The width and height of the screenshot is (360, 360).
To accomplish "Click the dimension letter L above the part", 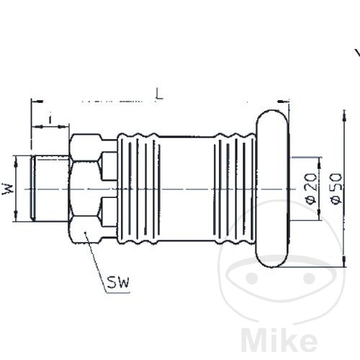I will click(159, 93).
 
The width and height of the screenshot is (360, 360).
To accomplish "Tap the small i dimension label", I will click(50, 117).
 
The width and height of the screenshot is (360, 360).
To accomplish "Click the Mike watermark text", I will click(280, 338).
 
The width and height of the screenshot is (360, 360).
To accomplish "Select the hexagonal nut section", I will click(85, 189).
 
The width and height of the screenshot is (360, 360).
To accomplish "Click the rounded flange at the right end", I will click(271, 189).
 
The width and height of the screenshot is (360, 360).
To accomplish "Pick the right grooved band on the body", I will click(234, 189).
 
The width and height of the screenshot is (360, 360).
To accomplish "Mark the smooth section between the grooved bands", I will click(187, 189).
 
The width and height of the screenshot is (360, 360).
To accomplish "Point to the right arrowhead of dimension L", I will click(284, 102).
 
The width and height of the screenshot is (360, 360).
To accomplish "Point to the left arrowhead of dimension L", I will click(35, 102).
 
